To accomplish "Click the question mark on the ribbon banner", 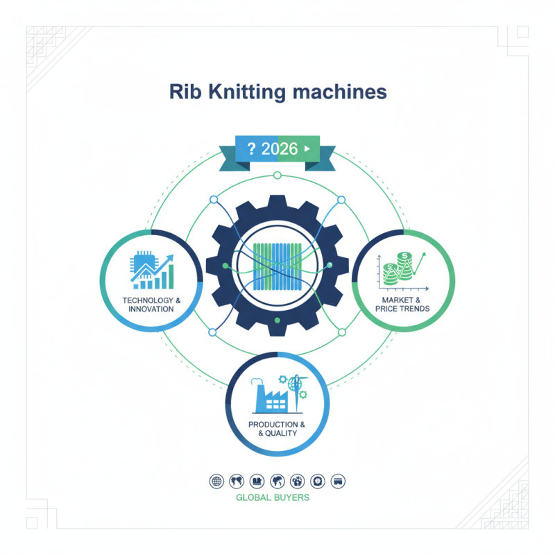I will pyautogui.click(x=251, y=148).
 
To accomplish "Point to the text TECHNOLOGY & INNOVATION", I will pyautogui.click(x=151, y=304).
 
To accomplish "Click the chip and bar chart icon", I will pyautogui.click(x=151, y=271).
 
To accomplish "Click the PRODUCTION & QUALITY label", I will pyautogui.click(x=277, y=429).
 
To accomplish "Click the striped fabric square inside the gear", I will pyautogui.click(x=277, y=265).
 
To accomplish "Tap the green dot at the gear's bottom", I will pyautogui.click(x=277, y=321).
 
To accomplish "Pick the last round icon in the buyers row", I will pyautogui.click(x=339, y=481).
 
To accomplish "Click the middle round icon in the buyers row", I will pyautogui.click(x=277, y=481).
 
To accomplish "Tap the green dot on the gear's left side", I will pyautogui.click(x=225, y=265).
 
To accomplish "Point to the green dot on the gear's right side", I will pyautogui.click(x=329, y=265).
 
